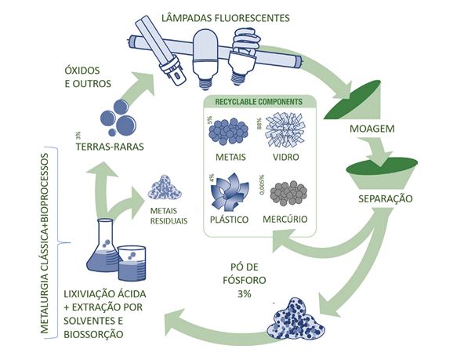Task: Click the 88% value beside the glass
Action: coord(259,124)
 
